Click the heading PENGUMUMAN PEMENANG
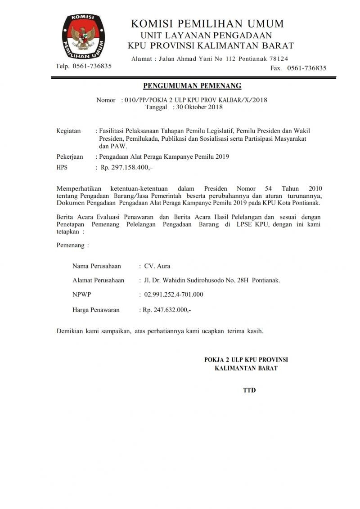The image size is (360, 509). [192, 86]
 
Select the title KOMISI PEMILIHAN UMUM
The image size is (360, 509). [207, 23]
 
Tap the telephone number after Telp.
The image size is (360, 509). [92, 66]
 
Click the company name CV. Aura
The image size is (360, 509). [157, 266]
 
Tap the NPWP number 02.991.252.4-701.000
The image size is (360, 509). [174, 295]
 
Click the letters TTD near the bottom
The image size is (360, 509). [249, 390]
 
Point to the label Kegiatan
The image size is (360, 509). [68, 131]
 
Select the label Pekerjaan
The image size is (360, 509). [70, 156]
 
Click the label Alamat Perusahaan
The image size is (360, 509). [98, 280]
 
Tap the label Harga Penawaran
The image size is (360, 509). [96, 310]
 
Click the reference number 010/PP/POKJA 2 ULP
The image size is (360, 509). [175, 100]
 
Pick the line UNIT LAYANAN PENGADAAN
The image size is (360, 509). [206, 35]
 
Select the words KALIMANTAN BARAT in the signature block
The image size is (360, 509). [246, 368]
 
